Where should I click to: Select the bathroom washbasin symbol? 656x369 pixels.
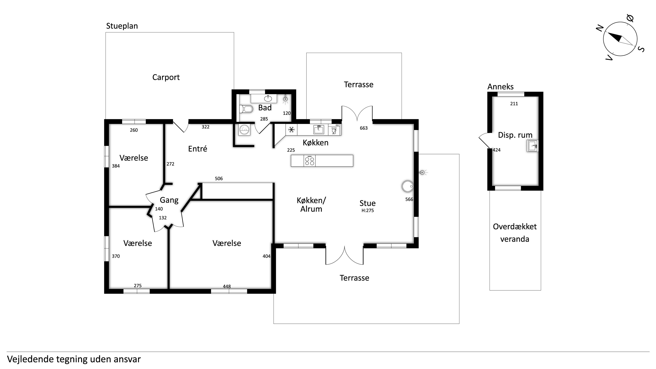click(x=268, y=98)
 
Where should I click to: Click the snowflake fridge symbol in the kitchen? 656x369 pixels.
click(x=291, y=130)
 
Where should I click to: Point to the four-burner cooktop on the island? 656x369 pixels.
click(x=310, y=161)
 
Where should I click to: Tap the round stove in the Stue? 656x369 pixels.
click(x=407, y=186)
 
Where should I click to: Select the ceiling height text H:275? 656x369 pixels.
click(x=367, y=211)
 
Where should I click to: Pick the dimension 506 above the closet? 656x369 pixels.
click(x=219, y=179)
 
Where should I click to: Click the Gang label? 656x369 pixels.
click(x=169, y=200)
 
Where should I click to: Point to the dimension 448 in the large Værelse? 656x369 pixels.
click(x=227, y=286)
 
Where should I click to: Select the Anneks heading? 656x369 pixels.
click(x=500, y=87)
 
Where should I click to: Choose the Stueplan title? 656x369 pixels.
click(x=122, y=26)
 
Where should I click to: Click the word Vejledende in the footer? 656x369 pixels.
click(x=30, y=359)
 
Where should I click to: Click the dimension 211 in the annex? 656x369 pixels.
click(x=514, y=104)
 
